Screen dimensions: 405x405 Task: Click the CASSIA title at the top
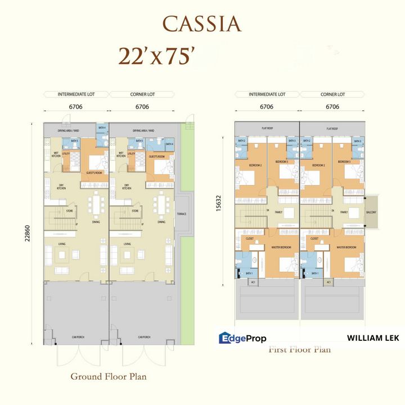pos(202,24)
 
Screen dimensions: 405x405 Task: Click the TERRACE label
pos(182,214)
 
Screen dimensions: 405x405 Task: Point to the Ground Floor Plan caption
pos(108,376)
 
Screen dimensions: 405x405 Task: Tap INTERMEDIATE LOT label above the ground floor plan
pos(75,94)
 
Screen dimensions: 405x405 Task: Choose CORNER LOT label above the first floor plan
pos(332,94)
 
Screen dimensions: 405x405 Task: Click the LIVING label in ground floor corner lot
pos(128,244)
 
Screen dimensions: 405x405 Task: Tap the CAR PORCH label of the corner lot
pos(143,337)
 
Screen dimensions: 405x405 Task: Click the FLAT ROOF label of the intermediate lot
pos(267,129)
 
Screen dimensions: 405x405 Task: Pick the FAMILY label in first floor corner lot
pos(345,212)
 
